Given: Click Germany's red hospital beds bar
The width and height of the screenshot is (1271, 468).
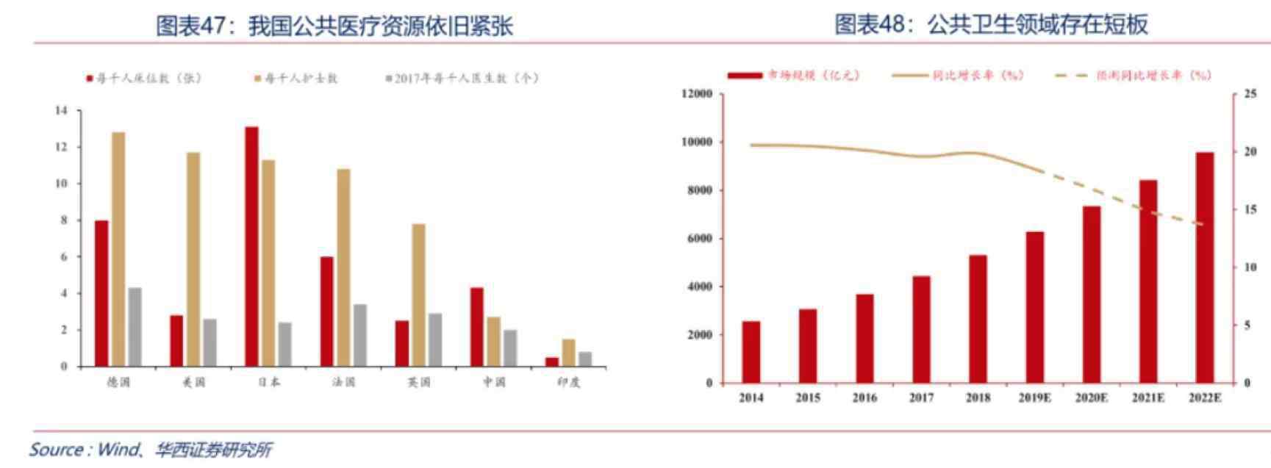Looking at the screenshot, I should click(101, 293).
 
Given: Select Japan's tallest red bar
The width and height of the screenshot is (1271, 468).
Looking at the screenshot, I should click(251, 246).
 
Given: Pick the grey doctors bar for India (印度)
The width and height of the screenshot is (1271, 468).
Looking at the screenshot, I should click(585, 359).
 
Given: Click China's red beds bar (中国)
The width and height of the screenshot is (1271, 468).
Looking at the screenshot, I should click(476, 326).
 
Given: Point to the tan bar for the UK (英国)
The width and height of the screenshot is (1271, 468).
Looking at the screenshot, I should click(418, 295).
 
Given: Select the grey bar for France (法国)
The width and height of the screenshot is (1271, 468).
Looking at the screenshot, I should click(359, 335).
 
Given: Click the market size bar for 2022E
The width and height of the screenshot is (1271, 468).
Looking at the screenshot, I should click(1205, 267).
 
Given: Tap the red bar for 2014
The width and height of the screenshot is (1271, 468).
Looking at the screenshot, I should click(751, 352).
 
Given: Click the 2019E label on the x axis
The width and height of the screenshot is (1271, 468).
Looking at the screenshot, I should click(1034, 398).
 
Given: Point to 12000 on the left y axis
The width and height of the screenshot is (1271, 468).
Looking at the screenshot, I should click(697, 93).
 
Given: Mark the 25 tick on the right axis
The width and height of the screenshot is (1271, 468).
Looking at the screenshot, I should click(1250, 93).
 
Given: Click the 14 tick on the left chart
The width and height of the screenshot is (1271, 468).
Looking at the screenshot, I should click(61, 110).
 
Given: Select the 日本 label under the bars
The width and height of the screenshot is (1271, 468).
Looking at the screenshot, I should click(269, 382).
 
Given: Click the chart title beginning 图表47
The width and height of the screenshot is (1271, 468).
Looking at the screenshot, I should click(334, 26).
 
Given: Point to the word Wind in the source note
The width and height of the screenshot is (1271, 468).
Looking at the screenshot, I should click(118, 449).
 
